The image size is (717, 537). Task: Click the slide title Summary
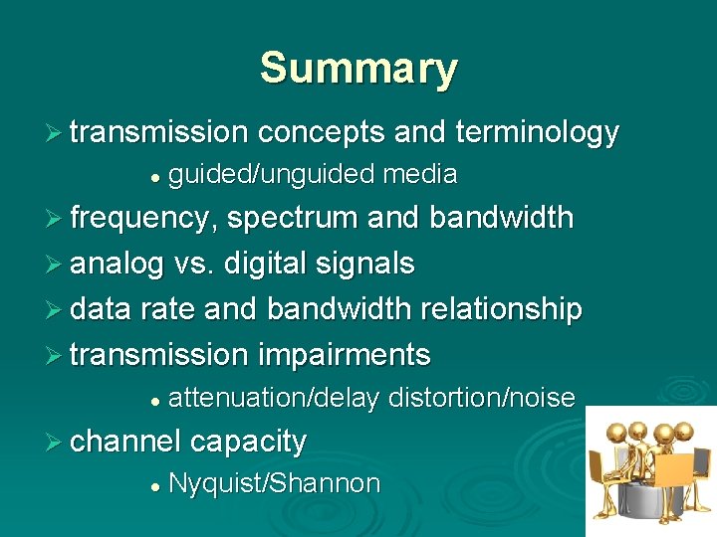point(358,69)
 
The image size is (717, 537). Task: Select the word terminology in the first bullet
point(537,132)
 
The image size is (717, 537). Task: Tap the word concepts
point(321,132)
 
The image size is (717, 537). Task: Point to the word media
point(420,175)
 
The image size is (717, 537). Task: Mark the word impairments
point(345,354)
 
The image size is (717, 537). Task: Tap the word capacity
point(248,441)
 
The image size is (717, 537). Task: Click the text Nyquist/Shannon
point(275,484)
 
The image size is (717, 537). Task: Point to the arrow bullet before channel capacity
point(57,440)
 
